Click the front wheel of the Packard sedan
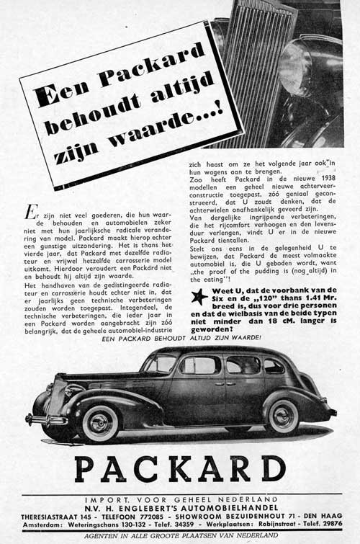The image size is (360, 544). click(x=101, y=423)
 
